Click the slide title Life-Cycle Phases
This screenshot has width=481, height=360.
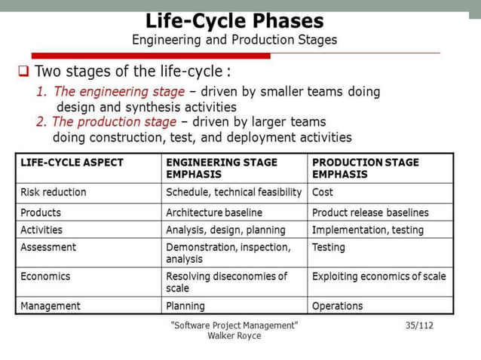pyautogui.click(x=234, y=20)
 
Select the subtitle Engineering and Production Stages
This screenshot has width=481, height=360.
pyautogui.click(x=234, y=39)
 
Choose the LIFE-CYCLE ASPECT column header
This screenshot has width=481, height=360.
pyautogui.click(x=72, y=162)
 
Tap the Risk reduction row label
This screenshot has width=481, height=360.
pyautogui.click(x=54, y=192)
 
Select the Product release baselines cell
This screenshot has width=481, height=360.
pyautogui.click(x=370, y=212)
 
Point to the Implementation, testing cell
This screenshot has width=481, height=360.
pyautogui.click(x=368, y=230)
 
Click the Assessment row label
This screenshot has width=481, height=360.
pyautogui.click(x=48, y=247)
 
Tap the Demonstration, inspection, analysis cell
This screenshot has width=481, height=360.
pyautogui.click(x=228, y=253)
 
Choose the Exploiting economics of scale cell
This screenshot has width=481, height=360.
pyautogui.click(x=378, y=276)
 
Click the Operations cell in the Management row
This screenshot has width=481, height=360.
pyautogui.click(x=337, y=306)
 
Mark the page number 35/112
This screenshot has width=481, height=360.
pyautogui.click(x=419, y=325)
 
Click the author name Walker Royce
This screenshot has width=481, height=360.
pyautogui.click(x=234, y=336)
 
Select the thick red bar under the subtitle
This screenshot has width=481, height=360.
pyautogui.click(x=151, y=56)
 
